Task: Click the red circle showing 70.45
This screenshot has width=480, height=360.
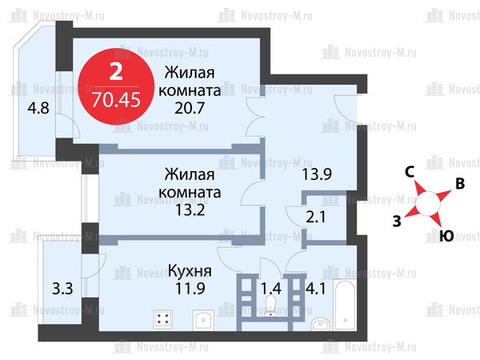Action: point(116,86)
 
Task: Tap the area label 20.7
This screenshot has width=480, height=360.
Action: point(190,108)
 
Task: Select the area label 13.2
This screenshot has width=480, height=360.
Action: point(190,210)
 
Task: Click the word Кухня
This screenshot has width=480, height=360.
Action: point(190,271)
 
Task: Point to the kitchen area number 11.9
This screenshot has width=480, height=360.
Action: point(190,288)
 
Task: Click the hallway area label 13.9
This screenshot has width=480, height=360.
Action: point(317,174)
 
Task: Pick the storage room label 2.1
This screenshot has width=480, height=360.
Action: point(316,218)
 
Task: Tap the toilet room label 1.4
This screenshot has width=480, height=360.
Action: point(271,288)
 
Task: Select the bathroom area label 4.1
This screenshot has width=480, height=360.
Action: point(316,289)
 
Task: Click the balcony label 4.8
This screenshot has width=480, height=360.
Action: point(38,108)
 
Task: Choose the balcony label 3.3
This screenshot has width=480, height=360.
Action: point(62,289)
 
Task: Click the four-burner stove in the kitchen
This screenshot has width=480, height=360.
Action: point(163,319)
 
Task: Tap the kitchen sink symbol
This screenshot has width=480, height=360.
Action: point(203,320)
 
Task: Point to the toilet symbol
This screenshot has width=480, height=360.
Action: point(270,306)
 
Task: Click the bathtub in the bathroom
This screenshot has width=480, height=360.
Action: point(345,305)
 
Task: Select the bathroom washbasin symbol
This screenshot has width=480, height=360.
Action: point(320,324)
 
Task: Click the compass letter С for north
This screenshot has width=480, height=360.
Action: point(410,172)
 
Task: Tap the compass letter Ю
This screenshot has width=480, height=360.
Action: point(446,236)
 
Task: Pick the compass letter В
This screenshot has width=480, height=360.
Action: point(460,184)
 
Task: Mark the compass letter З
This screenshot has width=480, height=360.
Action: point(397,221)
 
